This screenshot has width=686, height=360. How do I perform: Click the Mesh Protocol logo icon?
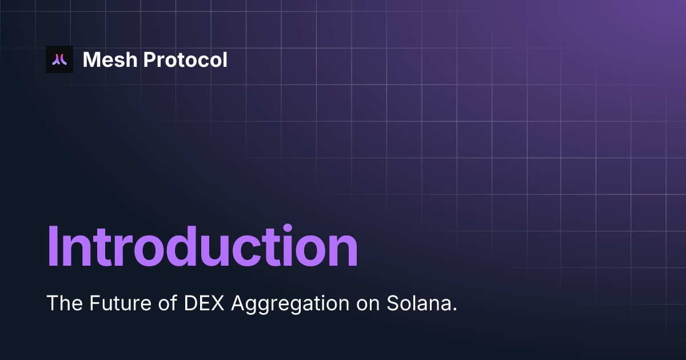click(59, 59)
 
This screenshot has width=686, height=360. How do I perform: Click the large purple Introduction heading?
click(202, 247)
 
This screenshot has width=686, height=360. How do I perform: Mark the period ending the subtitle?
click(455, 309)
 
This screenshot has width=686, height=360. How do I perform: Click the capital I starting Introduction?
click(52, 247)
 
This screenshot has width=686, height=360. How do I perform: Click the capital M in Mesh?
click(92, 59)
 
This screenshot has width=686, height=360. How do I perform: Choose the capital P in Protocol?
click(148, 59)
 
